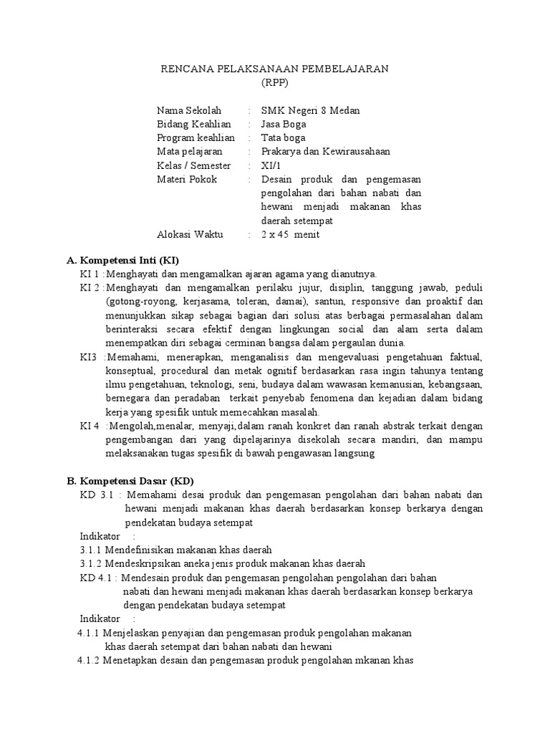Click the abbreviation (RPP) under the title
[274, 82]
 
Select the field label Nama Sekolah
[189, 110]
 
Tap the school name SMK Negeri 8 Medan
[310, 110]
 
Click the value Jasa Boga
[284, 124]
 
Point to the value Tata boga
[283, 137]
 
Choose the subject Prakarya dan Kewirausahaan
[325, 151]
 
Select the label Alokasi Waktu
[190, 234]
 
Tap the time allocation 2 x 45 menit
[290, 234]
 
